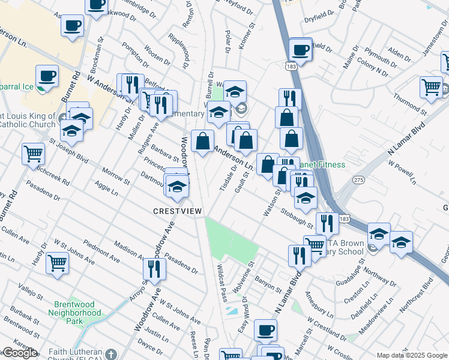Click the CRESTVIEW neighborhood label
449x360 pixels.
[178, 211]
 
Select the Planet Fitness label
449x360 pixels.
[325, 164]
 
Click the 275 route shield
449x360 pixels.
[359, 180]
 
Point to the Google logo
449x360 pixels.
[19, 353]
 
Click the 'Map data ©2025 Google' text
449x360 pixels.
[412, 355]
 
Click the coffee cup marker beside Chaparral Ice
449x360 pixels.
[47, 76]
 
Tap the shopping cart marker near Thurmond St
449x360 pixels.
[431, 87]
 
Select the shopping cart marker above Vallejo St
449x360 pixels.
[57, 262]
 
